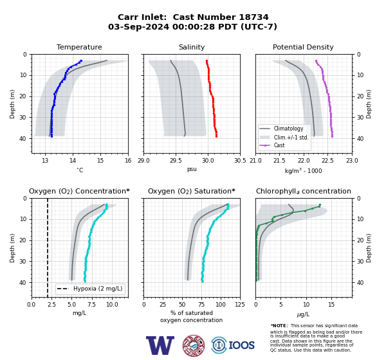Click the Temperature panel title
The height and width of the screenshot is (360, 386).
coord(79,47)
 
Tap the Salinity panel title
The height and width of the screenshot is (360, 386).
coord(192,47)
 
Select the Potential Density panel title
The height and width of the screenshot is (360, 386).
coord(303,47)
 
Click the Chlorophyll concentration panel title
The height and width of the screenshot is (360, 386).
coord(303,191)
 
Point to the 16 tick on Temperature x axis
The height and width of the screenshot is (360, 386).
coord(128,161)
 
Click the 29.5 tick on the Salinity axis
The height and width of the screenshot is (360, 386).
coord(176,161)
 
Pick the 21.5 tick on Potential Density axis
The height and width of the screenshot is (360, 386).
coord(279,161)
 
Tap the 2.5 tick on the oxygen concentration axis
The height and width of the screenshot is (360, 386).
coord(51,304)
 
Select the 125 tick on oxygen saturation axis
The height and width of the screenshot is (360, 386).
coord(240,304)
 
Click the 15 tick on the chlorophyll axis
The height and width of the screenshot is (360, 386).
coord(331,304)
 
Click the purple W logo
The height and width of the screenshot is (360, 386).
coord(160,345)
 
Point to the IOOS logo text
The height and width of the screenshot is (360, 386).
coord(241,345)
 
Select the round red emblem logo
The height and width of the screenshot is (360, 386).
coord(194,345)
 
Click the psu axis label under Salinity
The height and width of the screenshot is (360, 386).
coord(192,169)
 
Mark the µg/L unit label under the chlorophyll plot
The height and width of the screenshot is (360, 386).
coord(303,314)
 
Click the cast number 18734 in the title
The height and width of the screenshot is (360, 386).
coord(253,17)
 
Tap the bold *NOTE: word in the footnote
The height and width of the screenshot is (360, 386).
coord(279,325)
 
